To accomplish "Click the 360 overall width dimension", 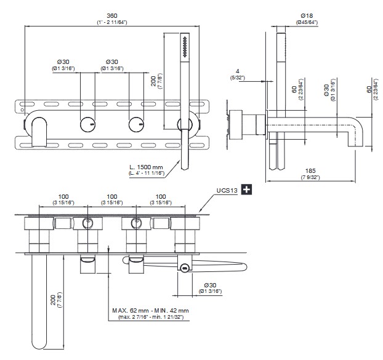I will pos(111,15).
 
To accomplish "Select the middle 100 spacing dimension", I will pos(112,196).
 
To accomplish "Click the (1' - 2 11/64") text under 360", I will pos(111,22).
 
